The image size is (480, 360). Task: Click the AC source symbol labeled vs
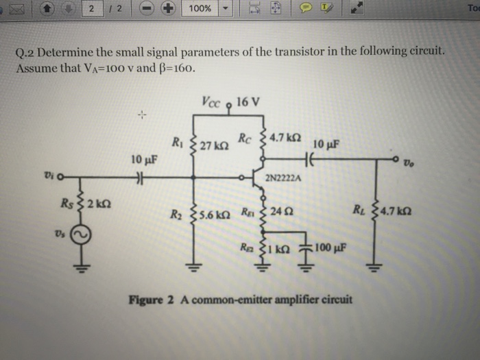click(x=81, y=235)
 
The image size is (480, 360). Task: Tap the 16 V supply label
click(x=248, y=101)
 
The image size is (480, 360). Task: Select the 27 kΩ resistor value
click(x=214, y=145)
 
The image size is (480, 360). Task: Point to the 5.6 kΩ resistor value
click(x=214, y=215)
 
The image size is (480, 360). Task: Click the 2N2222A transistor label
click(x=283, y=178)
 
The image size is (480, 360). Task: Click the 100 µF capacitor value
click(x=331, y=248)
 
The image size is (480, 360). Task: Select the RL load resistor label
click(x=359, y=209)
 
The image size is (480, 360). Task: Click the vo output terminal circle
click(x=396, y=159)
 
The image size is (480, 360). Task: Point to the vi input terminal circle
click(x=60, y=177)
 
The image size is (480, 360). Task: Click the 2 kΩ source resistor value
click(x=99, y=203)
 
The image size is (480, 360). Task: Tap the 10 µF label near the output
click(x=326, y=144)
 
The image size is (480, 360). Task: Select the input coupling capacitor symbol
click(x=140, y=177)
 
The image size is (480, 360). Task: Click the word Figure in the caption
click(x=145, y=300)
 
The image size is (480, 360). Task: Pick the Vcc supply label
click(x=211, y=102)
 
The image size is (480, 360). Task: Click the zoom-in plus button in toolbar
click(x=168, y=8)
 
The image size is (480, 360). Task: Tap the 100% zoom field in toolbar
click(x=200, y=8)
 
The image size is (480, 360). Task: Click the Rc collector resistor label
click(x=245, y=139)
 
